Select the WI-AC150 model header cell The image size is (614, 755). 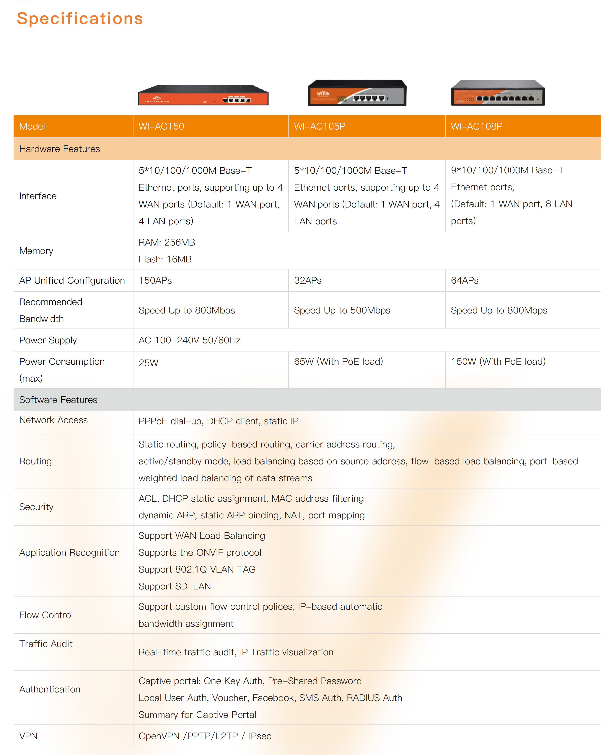[161, 126]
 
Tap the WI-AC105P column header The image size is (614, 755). [320, 126]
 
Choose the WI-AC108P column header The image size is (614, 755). [476, 126]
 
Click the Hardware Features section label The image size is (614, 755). [59, 149]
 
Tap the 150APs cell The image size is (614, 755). [155, 280]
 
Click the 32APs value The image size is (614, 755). [308, 280]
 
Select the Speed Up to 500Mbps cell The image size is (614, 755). [342, 310]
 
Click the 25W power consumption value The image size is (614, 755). [149, 363]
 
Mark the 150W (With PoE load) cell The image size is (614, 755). [498, 361]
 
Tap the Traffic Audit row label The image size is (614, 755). [46, 644]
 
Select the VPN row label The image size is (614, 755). [28, 736]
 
